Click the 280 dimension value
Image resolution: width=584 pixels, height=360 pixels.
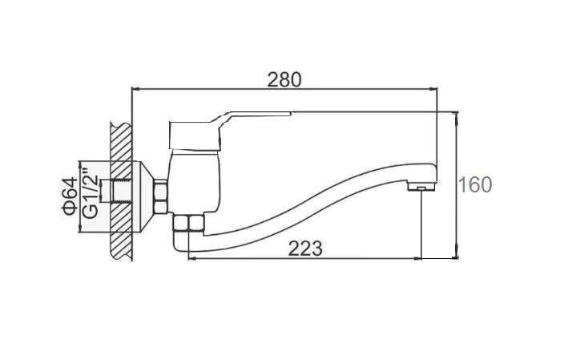pyautogui.click(x=284, y=79)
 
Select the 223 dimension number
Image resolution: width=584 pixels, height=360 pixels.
pyautogui.click(x=305, y=249)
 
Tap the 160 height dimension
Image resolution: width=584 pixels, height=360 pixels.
pyautogui.click(x=475, y=185)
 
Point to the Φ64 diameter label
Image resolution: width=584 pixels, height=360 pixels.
pyautogui.click(x=70, y=196)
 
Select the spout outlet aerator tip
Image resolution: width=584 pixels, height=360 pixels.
pyautogui.click(x=421, y=186)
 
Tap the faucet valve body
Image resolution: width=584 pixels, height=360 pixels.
pyautogui.click(x=194, y=182)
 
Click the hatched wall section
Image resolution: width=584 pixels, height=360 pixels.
pyautogui.click(x=122, y=191)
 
